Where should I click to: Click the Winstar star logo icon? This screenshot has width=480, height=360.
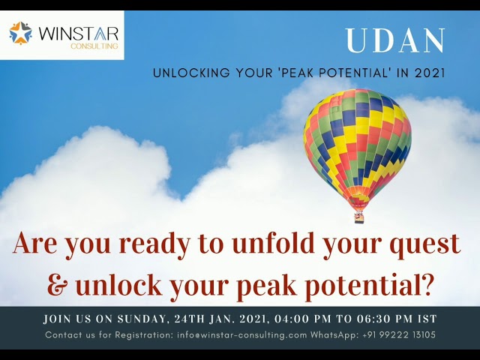(x=21, y=33)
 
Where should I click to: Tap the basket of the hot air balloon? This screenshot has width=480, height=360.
(x=359, y=217)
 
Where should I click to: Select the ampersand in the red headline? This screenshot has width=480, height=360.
(x=57, y=285)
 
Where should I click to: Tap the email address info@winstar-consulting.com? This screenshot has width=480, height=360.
(x=242, y=334)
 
